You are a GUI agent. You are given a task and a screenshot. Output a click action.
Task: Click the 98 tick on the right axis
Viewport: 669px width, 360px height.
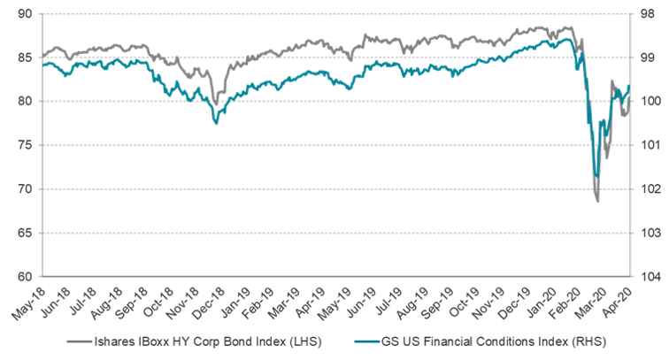[649, 14]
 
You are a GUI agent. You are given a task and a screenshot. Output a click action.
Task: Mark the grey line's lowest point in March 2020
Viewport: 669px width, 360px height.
[598, 202]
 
